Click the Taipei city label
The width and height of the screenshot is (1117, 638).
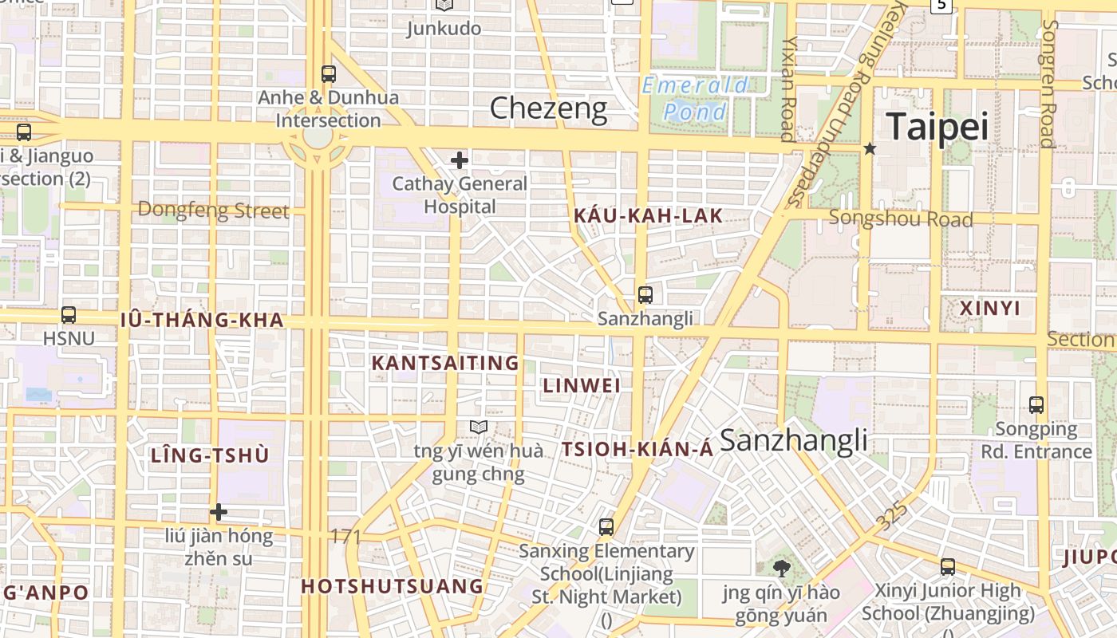pyautogui.click(x=937, y=127)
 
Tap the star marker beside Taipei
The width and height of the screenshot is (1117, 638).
pyautogui.click(x=870, y=149)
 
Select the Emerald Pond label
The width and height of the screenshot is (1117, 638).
pyautogui.click(x=696, y=98)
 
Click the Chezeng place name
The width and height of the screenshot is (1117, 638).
pyautogui.click(x=548, y=108)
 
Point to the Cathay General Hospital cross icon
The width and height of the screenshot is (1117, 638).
pyautogui.click(x=460, y=160)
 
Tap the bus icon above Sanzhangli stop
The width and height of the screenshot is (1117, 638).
pyautogui.click(x=645, y=295)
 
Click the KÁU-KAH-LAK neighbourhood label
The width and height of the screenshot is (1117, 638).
pyautogui.click(x=648, y=215)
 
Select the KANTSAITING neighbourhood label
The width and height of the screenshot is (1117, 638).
pyautogui.click(x=445, y=364)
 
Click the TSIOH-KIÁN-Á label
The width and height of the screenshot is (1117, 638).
pyautogui.click(x=637, y=450)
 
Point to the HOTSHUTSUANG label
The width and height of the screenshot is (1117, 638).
pyautogui.click(x=393, y=587)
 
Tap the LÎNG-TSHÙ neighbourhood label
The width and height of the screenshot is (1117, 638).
pyautogui.click(x=210, y=456)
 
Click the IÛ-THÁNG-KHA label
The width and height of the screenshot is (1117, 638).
pyautogui.click(x=202, y=321)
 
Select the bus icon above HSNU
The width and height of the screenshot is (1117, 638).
pyautogui.click(x=69, y=315)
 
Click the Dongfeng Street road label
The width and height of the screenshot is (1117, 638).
pyautogui.click(x=213, y=211)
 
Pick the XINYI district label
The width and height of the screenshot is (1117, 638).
pyautogui.click(x=989, y=309)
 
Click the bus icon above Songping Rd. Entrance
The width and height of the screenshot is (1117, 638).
pyautogui.click(x=1036, y=405)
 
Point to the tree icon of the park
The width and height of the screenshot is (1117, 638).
pyautogui.click(x=781, y=568)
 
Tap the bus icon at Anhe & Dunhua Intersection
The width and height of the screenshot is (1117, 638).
pyautogui.click(x=328, y=74)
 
